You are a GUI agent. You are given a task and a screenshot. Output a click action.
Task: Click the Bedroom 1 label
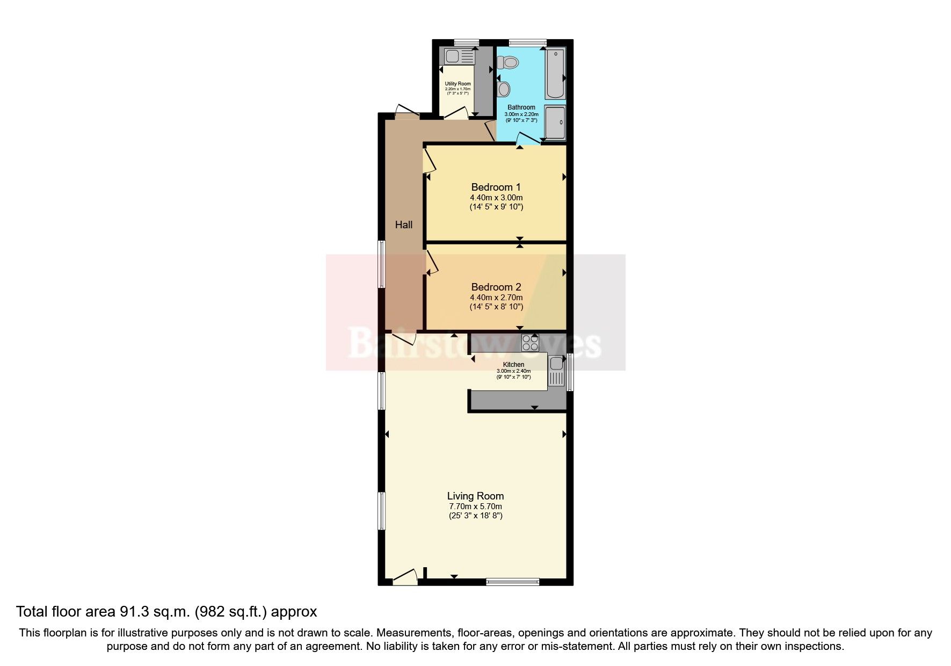tap(496, 187)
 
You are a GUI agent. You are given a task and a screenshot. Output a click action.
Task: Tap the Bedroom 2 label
tap(496, 287)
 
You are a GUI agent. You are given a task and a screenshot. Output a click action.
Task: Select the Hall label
tap(404, 225)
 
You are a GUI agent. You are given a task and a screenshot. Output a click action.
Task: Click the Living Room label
tap(475, 496)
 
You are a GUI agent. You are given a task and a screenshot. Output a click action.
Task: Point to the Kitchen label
tap(513, 365)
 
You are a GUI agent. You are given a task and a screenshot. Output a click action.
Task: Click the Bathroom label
tap(521, 107)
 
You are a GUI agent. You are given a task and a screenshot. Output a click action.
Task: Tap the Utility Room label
tap(458, 84)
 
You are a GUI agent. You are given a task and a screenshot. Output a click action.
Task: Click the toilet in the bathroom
tap(507, 63)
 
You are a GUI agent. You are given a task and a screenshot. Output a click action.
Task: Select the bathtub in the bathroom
tap(556, 74)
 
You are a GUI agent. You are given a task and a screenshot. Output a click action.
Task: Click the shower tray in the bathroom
tap(555, 122)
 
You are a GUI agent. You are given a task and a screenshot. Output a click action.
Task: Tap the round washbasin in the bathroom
tap(504, 89)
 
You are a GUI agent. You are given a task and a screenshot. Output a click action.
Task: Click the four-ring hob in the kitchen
tap(530, 342)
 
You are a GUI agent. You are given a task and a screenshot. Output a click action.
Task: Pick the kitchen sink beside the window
tap(556, 370)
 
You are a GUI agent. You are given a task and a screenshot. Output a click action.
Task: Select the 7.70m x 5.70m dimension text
tap(475, 506)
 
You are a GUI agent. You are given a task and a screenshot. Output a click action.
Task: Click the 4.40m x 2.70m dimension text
tap(496, 298)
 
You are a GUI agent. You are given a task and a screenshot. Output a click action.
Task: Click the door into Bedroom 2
tap(431, 263)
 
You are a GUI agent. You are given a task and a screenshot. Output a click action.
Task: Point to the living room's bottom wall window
tap(512, 582)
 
